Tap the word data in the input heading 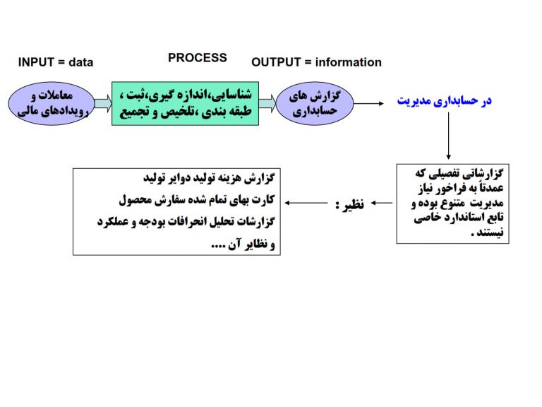point(81,62)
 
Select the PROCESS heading point(198,58)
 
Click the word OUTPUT point(276,62)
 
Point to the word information point(349,62)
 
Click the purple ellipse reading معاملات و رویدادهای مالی point(52,103)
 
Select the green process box point(186,103)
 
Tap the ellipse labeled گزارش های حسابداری point(315,103)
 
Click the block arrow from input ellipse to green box point(103,103)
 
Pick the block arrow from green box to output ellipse point(267,103)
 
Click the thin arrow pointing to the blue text point(369,103)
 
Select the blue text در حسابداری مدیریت point(444,101)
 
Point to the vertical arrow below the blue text point(448,136)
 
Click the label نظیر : point(349,204)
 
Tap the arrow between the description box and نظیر point(382,203)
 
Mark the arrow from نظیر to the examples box point(306,203)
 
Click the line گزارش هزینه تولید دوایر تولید point(209,178)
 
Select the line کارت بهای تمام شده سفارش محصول point(197,200)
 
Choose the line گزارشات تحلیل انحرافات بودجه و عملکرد point(186,221)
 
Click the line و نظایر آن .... point(243,244)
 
